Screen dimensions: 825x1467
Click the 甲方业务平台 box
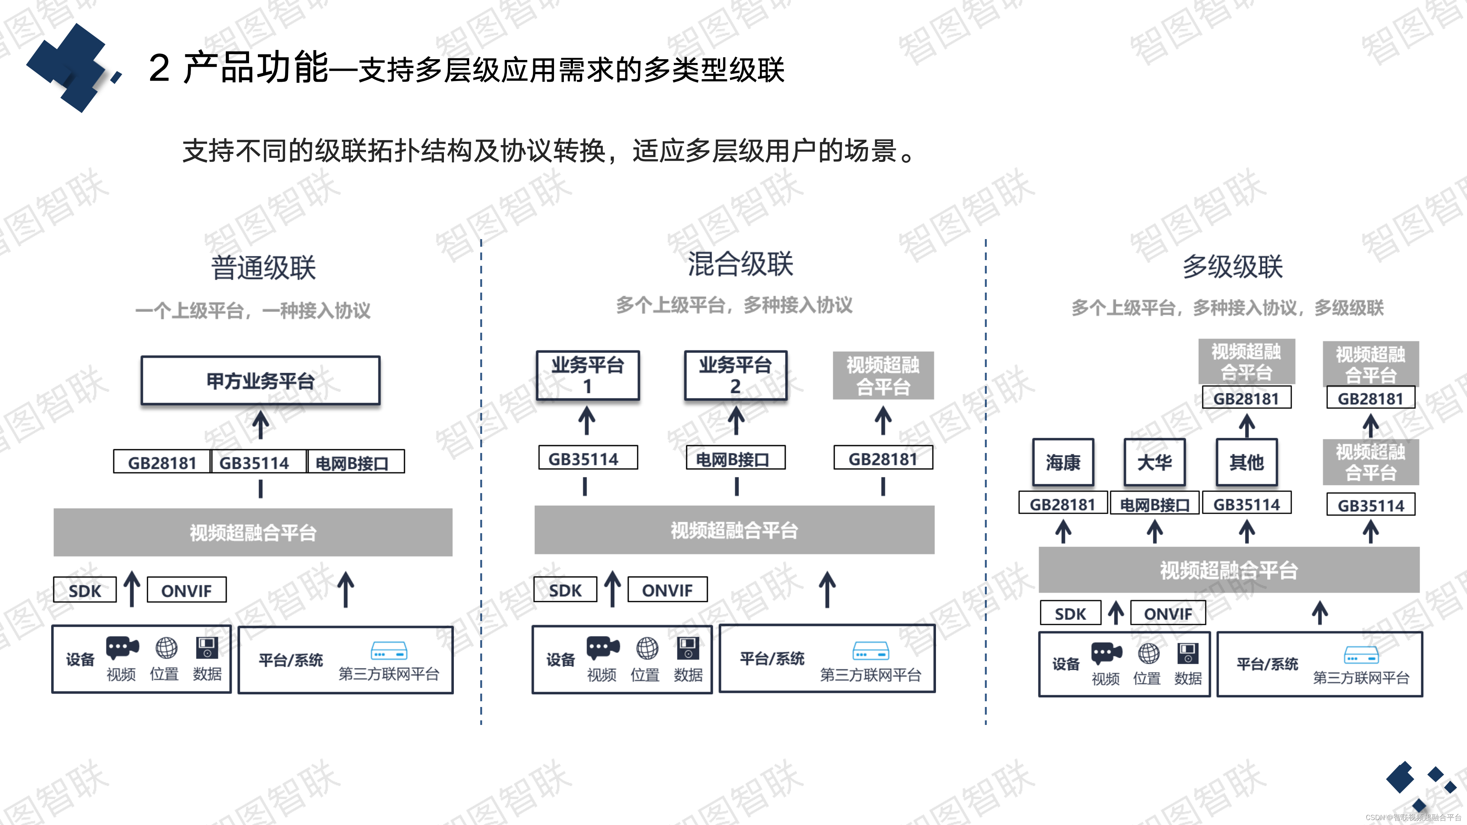pyautogui.click(x=260, y=380)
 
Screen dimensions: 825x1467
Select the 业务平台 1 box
pyautogui.click(x=587, y=375)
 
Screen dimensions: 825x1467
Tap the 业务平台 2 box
pyautogui.click(x=735, y=375)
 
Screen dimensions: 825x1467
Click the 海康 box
pyautogui.click(x=1063, y=462)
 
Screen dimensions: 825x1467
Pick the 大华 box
pyautogui.click(x=1154, y=462)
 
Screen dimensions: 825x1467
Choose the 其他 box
pyautogui.click(x=1246, y=462)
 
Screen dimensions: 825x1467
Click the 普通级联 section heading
pyautogui.click(x=263, y=268)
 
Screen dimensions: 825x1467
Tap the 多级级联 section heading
pyautogui.click(x=1232, y=267)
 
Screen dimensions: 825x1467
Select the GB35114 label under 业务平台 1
pyautogui.click(x=587, y=458)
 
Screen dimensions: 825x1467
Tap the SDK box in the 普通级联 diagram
pyautogui.click(x=85, y=590)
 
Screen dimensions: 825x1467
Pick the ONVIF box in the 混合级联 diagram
pyautogui.click(x=667, y=590)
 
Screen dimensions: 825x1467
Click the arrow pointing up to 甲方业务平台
pyautogui.click(x=260, y=425)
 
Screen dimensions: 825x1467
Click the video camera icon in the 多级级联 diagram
pyautogui.click(x=1106, y=653)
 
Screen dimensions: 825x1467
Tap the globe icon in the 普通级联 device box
pyautogui.click(x=166, y=648)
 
